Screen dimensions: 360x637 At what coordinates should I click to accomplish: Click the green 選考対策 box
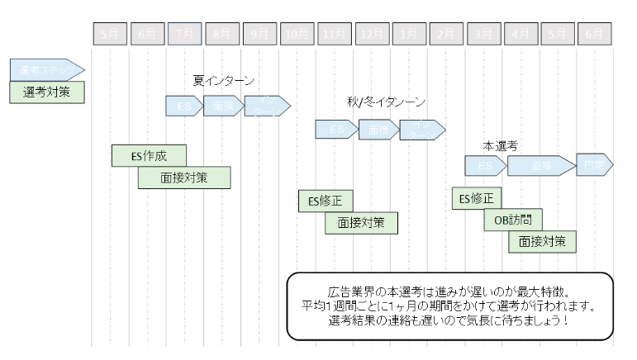click(x=46, y=92)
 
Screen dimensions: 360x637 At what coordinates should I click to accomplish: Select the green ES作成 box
click(x=149, y=155)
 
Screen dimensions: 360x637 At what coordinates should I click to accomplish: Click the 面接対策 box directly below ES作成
click(x=184, y=177)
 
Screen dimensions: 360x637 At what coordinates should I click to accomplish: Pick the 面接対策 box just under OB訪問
click(x=542, y=241)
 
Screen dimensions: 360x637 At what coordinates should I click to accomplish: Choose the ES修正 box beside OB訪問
click(x=476, y=198)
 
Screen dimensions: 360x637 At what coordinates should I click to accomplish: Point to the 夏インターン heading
click(x=223, y=81)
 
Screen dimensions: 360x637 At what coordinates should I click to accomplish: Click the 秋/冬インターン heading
click(x=387, y=102)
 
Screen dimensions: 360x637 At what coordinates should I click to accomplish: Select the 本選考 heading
click(x=500, y=146)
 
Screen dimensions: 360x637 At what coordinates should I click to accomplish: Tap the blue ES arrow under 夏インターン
click(x=183, y=107)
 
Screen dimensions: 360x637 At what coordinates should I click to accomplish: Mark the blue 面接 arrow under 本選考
click(x=540, y=166)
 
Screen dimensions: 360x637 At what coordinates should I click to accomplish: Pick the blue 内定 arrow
click(x=593, y=165)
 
